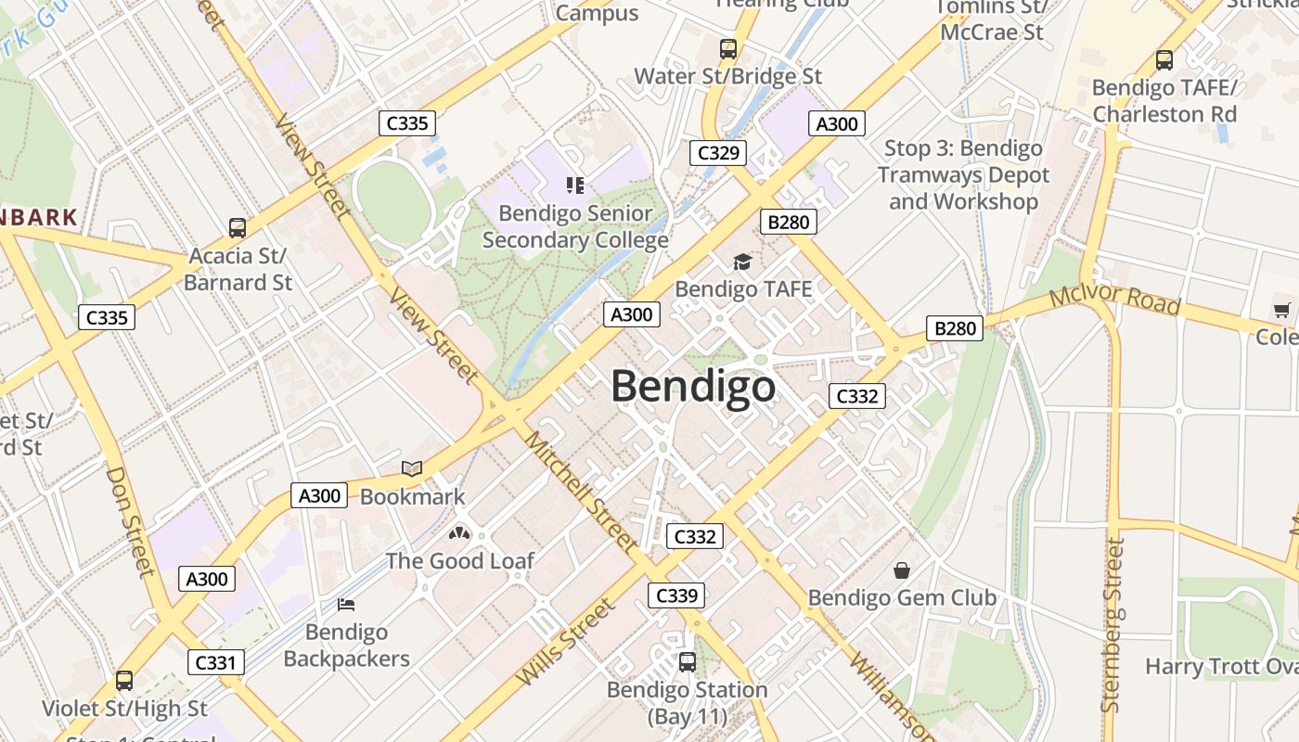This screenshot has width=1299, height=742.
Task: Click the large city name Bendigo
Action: coord(693,386)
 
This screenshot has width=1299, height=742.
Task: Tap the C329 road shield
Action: coord(717,153)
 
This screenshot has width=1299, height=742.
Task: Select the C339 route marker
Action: coord(675,595)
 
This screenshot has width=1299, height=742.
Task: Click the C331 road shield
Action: coord(217,662)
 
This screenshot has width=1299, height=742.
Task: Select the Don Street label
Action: coord(130,519)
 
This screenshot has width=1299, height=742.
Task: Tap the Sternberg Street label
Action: coord(1113,625)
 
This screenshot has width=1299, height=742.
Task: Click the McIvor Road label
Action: coord(1114,300)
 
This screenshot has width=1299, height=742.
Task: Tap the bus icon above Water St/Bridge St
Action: coord(728,49)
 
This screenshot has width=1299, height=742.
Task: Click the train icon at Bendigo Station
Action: coord(688,662)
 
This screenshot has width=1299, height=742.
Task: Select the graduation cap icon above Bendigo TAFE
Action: coord(742,262)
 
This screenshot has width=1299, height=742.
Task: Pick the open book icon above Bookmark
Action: coord(412,469)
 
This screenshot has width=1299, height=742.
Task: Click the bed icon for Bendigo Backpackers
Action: coord(346,605)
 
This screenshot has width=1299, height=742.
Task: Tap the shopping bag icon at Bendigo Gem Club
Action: coord(901,570)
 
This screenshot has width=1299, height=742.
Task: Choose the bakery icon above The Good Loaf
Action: coord(458,533)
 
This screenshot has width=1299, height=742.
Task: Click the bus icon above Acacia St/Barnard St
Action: coord(238,227)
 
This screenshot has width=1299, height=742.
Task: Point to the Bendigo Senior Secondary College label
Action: coord(575,227)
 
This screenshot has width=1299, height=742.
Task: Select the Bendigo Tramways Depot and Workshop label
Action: coord(963,175)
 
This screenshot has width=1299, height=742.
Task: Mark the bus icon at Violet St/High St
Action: coord(124,681)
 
